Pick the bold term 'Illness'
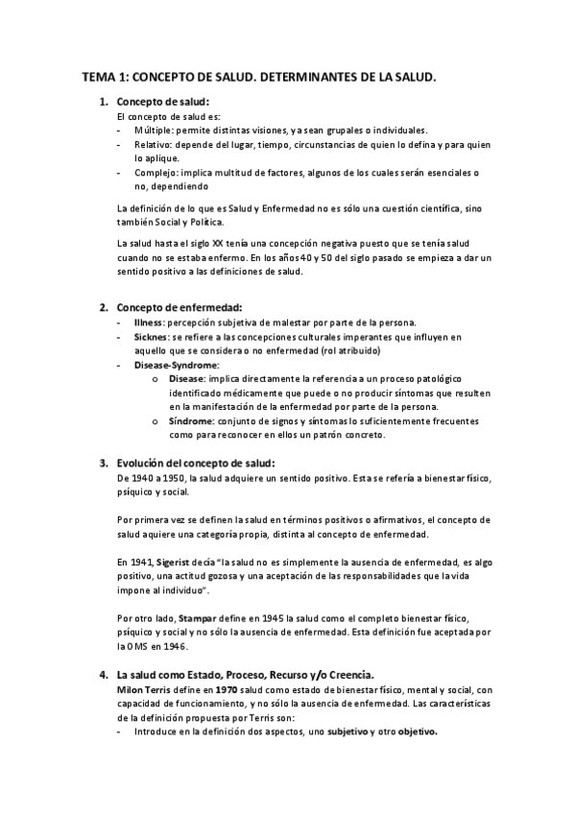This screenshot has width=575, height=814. [149, 323]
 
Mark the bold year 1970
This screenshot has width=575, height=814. [227, 689]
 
